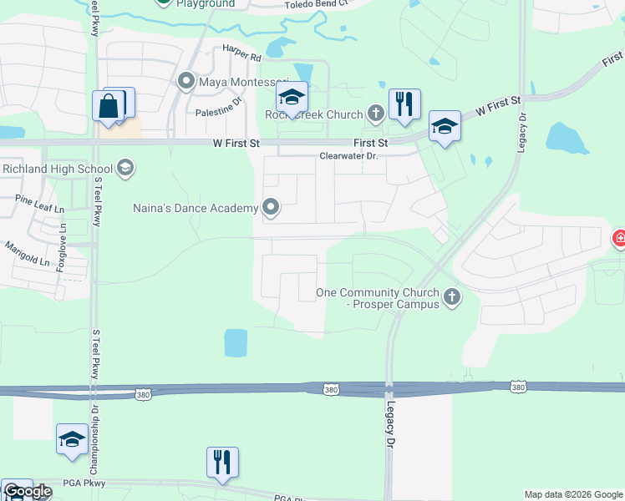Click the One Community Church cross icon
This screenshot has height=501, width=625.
pos(452,297)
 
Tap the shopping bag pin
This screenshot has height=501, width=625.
pos(109,107)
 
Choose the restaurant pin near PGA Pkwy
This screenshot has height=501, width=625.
pos(222,463)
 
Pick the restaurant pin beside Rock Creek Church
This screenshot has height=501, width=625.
pos(404,104)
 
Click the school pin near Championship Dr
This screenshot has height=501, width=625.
pos(72,439)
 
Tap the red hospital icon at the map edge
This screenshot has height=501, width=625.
pos(619,240)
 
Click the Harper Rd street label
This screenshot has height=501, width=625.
pos(241,58)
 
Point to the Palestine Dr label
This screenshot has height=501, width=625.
pos(218,111)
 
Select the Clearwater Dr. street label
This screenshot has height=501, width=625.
pos(349,156)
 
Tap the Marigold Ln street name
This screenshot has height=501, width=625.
pos(28,254)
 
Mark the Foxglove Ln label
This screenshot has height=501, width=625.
pos(61,250)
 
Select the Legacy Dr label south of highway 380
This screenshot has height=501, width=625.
pos(389,424)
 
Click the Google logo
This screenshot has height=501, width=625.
pos(28,491)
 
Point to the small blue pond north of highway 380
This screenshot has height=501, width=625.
pos(236,342)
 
